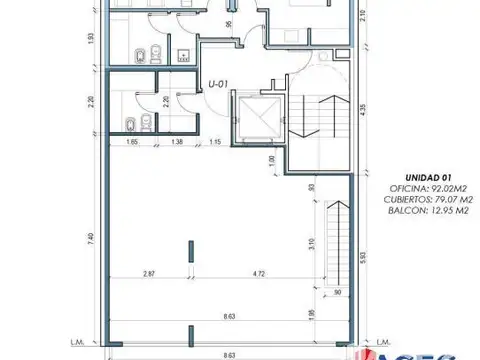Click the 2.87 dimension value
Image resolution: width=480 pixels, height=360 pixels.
pos(149,273)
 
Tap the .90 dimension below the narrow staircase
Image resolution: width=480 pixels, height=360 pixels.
pos(337,291)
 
